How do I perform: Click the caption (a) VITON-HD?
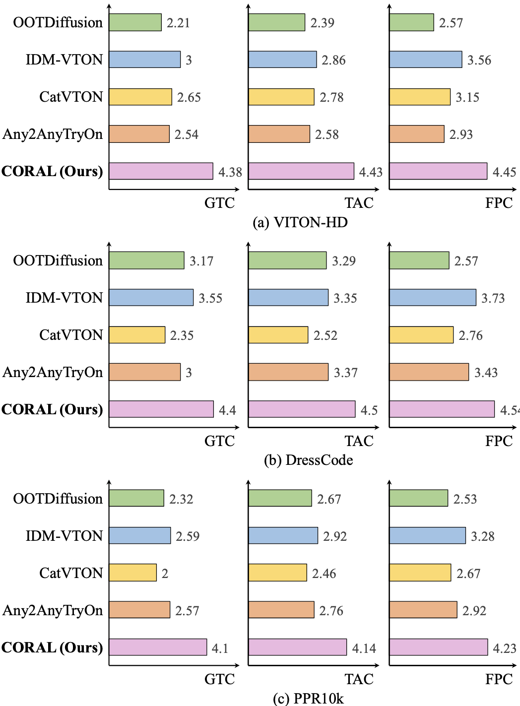point(300,222)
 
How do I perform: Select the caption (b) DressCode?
point(308,460)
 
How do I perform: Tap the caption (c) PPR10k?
point(308,699)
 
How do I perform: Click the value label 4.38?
point(230,172)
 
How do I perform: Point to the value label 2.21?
point(178,23)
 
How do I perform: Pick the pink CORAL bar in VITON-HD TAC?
point(301,171)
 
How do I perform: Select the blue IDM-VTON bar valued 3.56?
point(425,60)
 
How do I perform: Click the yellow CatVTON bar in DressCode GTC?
point(137,335)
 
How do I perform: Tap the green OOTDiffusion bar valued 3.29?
point(287,260)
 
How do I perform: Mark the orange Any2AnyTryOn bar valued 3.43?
point(429,372)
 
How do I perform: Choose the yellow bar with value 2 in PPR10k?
point(132,573)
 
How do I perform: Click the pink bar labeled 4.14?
point(297,647)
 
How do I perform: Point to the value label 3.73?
point(493,298)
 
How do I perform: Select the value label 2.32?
point(181,499)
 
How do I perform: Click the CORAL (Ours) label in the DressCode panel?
point(52,409)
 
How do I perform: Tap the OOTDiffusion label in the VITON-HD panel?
point(58,23)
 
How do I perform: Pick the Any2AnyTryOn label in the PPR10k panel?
point(53,610)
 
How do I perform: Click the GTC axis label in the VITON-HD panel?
point(219,203)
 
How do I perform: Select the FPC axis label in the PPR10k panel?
point(499,679)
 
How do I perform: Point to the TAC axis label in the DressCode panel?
point(359,441)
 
